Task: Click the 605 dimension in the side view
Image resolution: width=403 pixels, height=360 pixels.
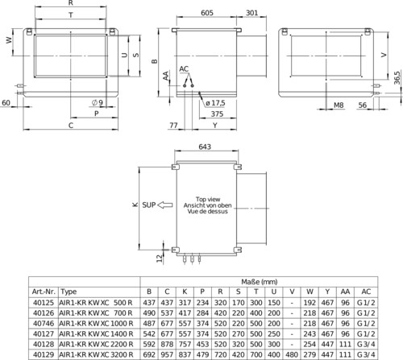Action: [x=207, y=13]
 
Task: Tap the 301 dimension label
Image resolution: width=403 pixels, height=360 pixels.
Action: [x=251, y=13]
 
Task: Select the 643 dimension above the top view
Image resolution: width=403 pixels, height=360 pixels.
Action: [x=205, y=147]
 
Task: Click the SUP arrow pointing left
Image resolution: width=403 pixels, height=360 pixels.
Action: [x=164, y=205]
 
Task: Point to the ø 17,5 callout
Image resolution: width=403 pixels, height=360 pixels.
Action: [x=215, y=103]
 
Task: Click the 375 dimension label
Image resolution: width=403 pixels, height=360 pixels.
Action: [x=217, y=114]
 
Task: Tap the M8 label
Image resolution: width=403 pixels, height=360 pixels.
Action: [x=339, y=105]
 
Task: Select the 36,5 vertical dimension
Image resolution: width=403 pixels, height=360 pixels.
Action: [x=397, y=78]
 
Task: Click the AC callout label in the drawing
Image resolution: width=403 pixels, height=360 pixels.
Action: [x=184, y=69]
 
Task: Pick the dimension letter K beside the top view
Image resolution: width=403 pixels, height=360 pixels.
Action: [x=135, y=205]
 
